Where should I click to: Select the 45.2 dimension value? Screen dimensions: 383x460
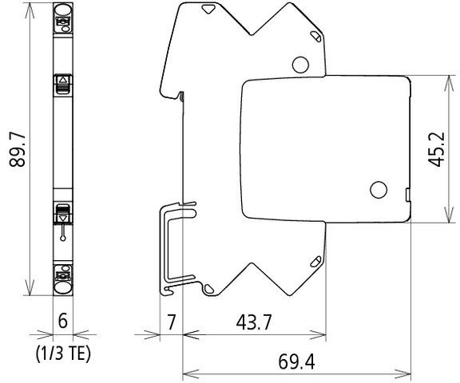pos(435,149)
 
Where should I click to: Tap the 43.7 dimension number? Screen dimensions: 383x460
pos(253,323)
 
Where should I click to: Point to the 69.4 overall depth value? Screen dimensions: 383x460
pos(296,361)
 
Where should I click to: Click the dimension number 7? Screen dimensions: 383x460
pos(171,323)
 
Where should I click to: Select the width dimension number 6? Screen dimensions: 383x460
pos(61,323)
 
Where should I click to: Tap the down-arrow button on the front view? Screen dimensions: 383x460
pos(63,214)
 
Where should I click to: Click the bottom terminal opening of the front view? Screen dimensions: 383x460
pos(63,282)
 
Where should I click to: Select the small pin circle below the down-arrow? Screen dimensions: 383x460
pos(63,237)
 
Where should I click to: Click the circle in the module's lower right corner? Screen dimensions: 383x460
pos(377,190)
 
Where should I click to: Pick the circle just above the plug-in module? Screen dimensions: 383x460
pos(301,65)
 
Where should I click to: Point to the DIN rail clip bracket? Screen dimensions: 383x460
pos(171,247)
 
